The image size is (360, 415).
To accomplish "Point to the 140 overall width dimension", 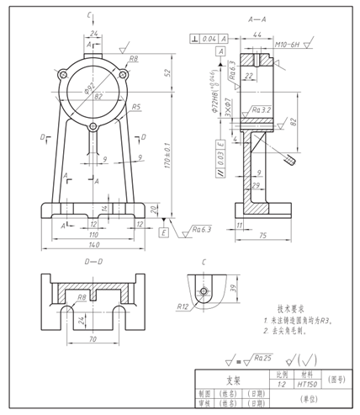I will pyautogui.click(x=93, y=244).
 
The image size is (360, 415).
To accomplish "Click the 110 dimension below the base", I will pyautogui.click(x=93, y=234).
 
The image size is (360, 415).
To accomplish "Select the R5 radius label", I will pyautogui.click(x=137, y=107).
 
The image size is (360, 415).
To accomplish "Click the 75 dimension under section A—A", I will pyautogui.click(x=262, y=236).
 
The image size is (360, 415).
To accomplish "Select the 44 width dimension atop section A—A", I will pyautogui.click(x=256, y=35).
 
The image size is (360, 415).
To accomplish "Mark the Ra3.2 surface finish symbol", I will pyautogui.click(x=262, y=110).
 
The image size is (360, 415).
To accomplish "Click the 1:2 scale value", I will pyautogui.click(x=280, y=384).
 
